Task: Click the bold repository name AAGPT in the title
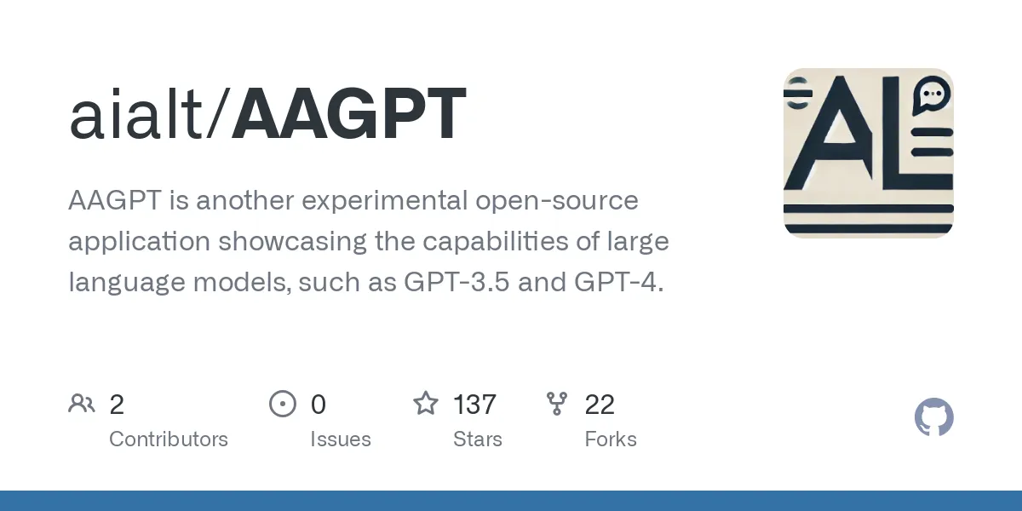pos(349,114)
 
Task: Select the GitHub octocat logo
pos(933,418)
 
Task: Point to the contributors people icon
pos(82,403)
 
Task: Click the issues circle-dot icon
pos(282,403)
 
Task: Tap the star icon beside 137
pos(426,403)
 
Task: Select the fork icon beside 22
pos(557,403)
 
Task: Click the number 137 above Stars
pos(474,405)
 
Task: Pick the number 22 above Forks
pos(600,405)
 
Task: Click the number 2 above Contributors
pos(117,405)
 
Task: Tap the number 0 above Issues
pos(318,405)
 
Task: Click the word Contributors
pos(169,439)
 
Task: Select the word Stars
pos(478,439)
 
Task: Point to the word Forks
pos(611,439)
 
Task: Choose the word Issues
pos(341,439)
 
